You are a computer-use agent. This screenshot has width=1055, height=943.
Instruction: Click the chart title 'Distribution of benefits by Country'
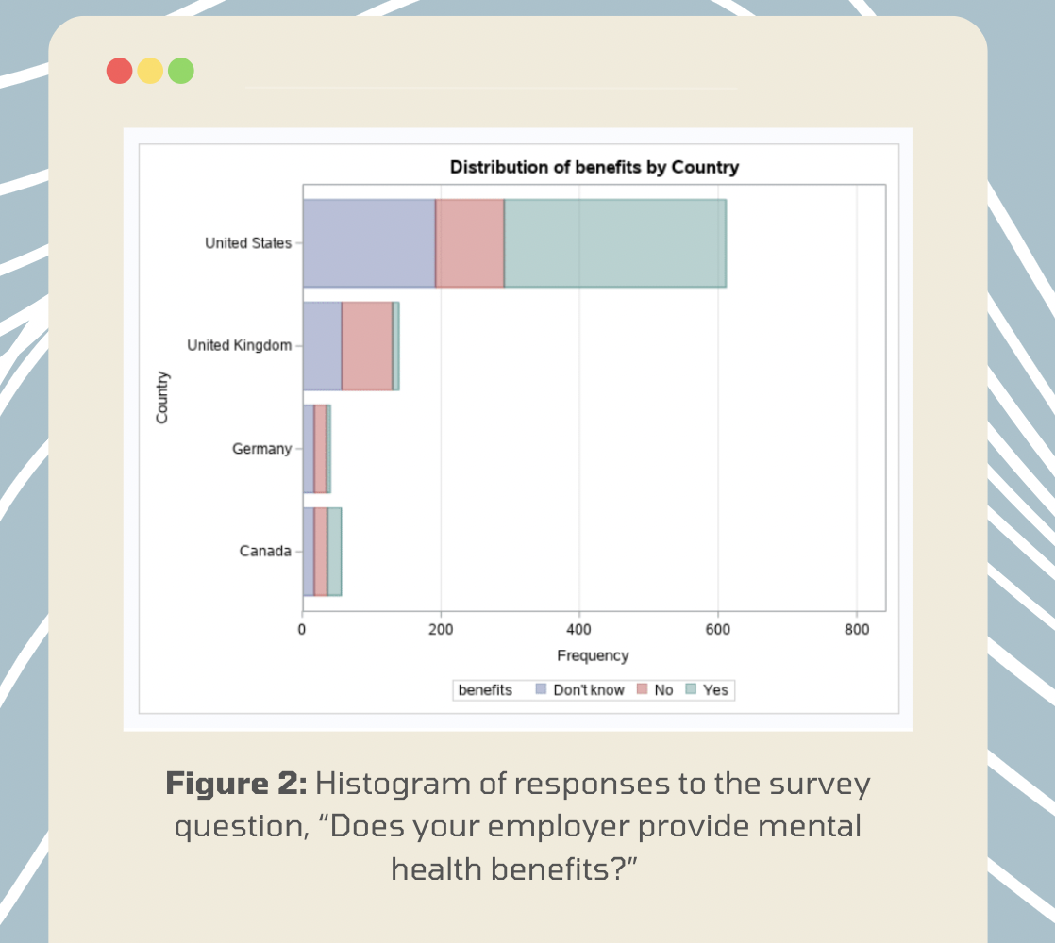[x=594, y=168]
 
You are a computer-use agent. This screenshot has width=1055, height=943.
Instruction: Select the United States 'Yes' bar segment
[x=614, y=243]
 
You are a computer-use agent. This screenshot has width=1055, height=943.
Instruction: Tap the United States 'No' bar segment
[x=470, y=243]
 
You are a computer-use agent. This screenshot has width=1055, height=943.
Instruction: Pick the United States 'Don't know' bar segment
[x=369, y=243]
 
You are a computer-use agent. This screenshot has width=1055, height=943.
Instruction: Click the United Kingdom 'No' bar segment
[x=367, y=346]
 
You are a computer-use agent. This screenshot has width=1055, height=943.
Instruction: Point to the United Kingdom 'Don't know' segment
[x=322, y=346]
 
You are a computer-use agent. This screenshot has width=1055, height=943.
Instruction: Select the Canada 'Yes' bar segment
[x=334, y=552]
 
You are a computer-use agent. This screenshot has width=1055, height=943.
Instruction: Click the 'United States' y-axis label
[x=248, y=243]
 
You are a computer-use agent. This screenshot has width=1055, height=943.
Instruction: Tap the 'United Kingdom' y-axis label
[x=239, y=346]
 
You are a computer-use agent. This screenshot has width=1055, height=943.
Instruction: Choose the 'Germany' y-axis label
[x=261, y=449]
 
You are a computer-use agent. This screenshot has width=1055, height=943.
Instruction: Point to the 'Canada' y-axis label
[x=265, y=552]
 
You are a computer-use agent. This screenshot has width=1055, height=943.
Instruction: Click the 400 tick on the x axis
[x=579, y=629]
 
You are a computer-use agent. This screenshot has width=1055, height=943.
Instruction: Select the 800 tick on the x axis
[x=856, y=629]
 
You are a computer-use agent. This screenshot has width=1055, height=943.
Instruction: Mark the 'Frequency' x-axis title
[x=593, y=655]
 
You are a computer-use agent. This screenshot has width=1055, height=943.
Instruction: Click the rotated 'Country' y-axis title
[x=162, y=397]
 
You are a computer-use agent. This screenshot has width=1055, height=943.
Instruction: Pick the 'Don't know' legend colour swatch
[x=541, y=690]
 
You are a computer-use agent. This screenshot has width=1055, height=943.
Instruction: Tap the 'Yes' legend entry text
[x=715, y=690]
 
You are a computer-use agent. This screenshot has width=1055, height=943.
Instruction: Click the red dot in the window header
[x=120, y=71]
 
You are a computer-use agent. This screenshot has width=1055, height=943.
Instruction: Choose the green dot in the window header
[x=180, y=71]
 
